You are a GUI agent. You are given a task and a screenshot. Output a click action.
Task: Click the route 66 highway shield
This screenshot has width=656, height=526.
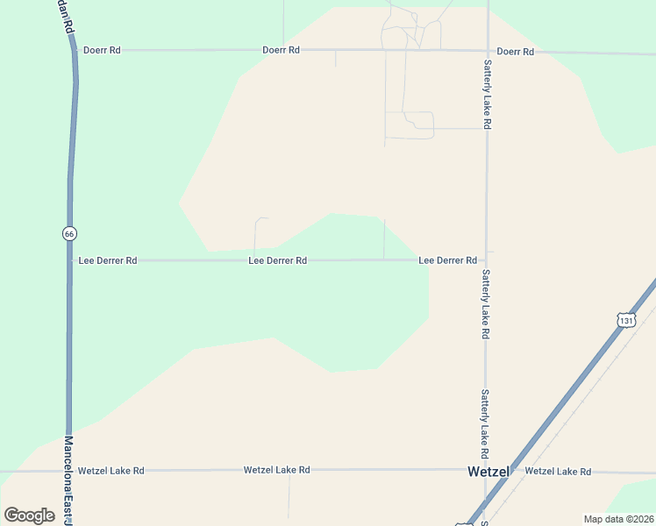coord(69,233)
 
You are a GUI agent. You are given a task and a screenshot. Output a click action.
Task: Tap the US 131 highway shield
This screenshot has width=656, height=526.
coord(624,321)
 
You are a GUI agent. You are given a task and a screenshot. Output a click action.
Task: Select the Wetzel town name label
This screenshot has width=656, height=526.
coord(488,472)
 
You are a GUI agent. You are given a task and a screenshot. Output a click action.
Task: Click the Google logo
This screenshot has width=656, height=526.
coord(29,515)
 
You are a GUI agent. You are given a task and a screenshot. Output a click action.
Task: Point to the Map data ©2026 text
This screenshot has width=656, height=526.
coord(618,519)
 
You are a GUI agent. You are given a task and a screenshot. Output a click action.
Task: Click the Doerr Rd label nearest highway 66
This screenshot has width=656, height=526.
coord(101,51)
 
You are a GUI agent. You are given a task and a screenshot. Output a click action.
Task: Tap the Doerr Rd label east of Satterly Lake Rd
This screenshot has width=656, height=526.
coord(515,52)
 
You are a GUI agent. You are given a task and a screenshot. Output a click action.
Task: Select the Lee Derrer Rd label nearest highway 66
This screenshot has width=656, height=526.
coord(108,260)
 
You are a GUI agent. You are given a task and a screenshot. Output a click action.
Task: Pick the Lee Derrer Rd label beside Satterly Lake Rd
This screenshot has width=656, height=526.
coord(447,260)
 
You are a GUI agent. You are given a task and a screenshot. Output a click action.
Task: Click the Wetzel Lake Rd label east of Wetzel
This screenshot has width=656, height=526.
coord(558,472)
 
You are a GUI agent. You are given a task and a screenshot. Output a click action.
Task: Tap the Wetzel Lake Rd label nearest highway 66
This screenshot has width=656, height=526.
coord(111,471)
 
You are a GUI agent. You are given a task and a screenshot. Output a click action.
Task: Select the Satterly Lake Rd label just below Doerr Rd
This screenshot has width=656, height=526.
coord(487,95)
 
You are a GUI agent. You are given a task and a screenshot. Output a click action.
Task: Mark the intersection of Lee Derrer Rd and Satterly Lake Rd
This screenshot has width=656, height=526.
coord(487,260)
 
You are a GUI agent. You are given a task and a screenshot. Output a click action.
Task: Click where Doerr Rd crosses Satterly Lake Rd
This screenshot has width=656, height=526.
coord(487,51)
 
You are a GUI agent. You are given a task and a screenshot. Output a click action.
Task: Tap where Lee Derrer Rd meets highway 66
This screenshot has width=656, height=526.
coord(69,260)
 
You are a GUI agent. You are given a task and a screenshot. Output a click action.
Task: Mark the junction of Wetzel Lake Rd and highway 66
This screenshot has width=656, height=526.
coord(68,471)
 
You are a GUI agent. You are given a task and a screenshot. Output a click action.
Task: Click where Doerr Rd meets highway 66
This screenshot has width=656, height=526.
coord(74,50)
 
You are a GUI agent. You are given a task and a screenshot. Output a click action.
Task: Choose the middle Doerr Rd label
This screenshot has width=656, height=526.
coord(281,50)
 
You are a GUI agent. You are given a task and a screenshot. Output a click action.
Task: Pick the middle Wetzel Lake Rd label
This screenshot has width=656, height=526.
coord(277,471)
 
